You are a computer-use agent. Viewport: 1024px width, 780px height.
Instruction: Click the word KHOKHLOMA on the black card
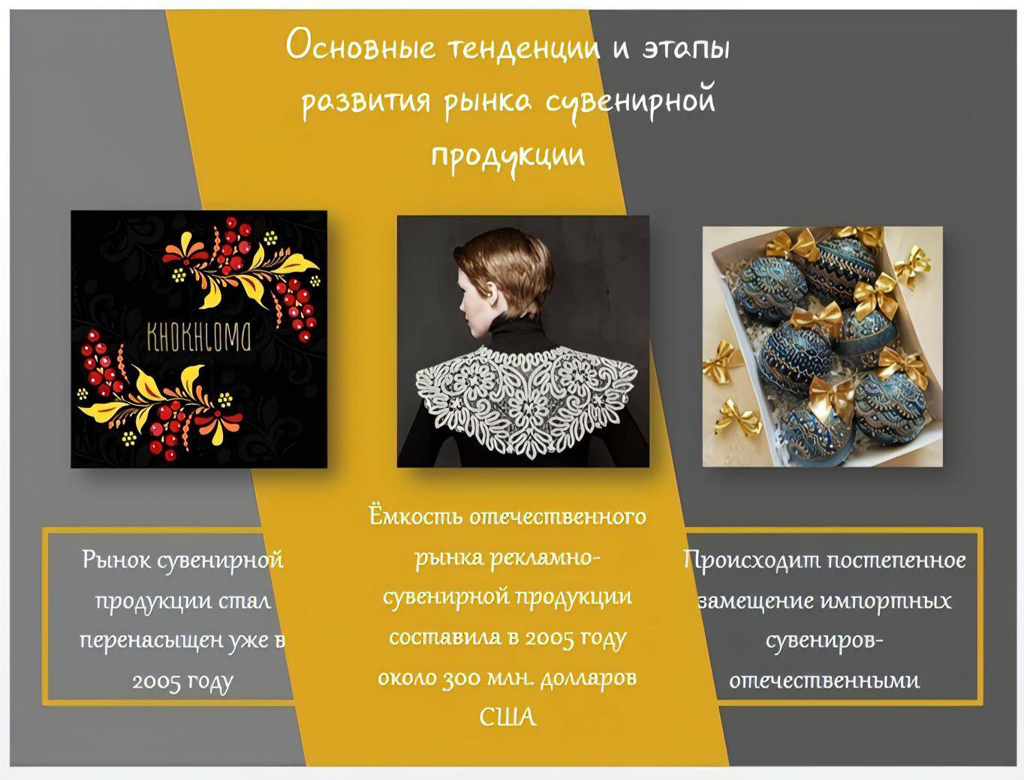[x=199, y=337]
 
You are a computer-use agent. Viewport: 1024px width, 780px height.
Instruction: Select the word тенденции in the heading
[x=524, y=49]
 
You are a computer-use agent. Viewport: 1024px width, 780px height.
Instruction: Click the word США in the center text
[x=508, y=717]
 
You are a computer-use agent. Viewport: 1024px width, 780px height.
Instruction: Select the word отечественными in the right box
[x=824, y=681]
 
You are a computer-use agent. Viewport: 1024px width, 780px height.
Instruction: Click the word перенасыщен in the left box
[x=152, y=641]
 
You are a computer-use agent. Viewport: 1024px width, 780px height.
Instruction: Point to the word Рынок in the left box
[x=116, y=560]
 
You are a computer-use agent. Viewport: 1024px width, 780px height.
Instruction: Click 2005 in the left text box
[x=156, y=682]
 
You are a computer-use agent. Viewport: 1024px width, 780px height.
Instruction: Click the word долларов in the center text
[x=589, y=679]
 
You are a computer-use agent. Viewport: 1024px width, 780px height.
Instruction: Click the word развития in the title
[x=366, y=101]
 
